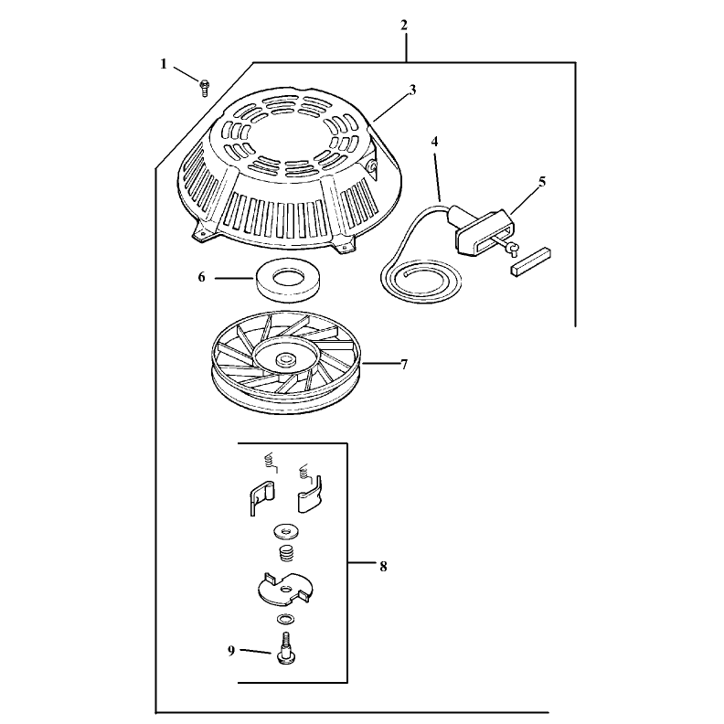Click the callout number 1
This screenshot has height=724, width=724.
coord(163,64)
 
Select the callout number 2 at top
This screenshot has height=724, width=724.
coord(404,26)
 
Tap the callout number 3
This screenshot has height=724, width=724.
coord(412,90)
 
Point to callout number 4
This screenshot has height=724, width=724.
coord(434,142)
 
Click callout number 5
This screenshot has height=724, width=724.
coord(542,182)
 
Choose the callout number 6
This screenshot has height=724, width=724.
coord(201,278)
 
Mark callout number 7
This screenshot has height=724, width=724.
coord(404,365)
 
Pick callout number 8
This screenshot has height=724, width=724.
coord(383,567)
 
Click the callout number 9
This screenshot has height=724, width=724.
coord(231,651)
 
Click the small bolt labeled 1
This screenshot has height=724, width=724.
coord(205,88)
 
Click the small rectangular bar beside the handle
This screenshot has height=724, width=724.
coord(531,262)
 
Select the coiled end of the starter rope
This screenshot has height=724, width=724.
coord(421,282)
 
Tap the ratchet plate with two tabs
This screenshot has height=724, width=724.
coord(282,589)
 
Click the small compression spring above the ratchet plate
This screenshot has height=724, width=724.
coord(287,553)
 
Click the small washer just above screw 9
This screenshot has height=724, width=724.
coord(285,618)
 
